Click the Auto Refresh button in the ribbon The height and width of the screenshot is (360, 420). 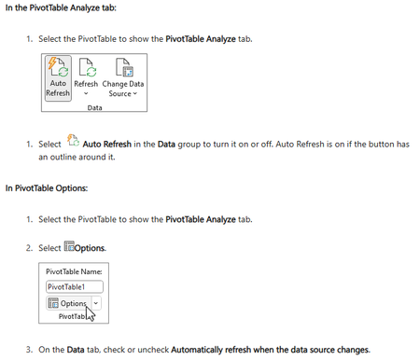pyautogui.click(x=58, y=78)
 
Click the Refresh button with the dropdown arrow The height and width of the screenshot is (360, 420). pyautogui.click(x=86, y=77)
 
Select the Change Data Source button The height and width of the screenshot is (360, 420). pyautogui.click(x=123, y=77)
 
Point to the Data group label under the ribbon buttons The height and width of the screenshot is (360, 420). pyautogui.click(x=94, y=107)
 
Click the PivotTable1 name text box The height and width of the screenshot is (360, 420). pyautogui.click(x=75, y=286)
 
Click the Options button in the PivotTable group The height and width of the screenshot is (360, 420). pyautogui.click(x=68, y=303)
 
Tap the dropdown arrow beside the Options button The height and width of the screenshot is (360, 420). pyautogui.click(x=96, y=303)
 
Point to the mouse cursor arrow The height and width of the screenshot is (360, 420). pyautogui.click(x=90, y=313)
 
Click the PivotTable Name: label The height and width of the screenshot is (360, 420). pyautogui.click(x=74, y=271)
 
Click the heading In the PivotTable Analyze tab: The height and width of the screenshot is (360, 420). pyautogui.click(x=61, y=7)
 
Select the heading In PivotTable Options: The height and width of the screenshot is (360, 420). pyautogui.click(x=47, y=188)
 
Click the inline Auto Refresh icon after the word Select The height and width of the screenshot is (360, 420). pyautogui.click(x=73, y=141)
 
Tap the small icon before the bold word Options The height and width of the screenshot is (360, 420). pyautogui.click(x=69, y=246)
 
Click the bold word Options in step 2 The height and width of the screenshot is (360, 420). pyautogui.click(x=90, y=248)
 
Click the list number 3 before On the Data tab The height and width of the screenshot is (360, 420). pyautogui.click(x=29, y=350)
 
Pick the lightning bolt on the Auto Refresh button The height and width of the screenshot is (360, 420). pyautogui.click(x=52, y=63)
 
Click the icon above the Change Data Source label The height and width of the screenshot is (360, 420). pyautogui.click(x=124, y=67)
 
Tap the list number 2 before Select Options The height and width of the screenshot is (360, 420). pyautogui.click(x=29, y=248)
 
